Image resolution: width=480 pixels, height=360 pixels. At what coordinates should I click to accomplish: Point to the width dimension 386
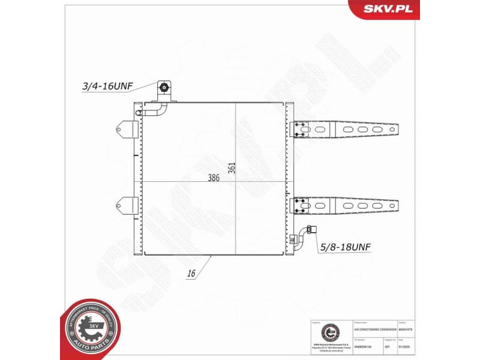tap(214, 178)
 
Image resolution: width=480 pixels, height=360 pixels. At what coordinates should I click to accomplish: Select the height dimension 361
tap(231, 169)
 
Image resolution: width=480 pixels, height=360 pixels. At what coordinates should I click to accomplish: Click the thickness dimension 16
tap(191, 274)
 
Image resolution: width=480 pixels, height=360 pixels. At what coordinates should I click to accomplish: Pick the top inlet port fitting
tap(164, 90)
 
